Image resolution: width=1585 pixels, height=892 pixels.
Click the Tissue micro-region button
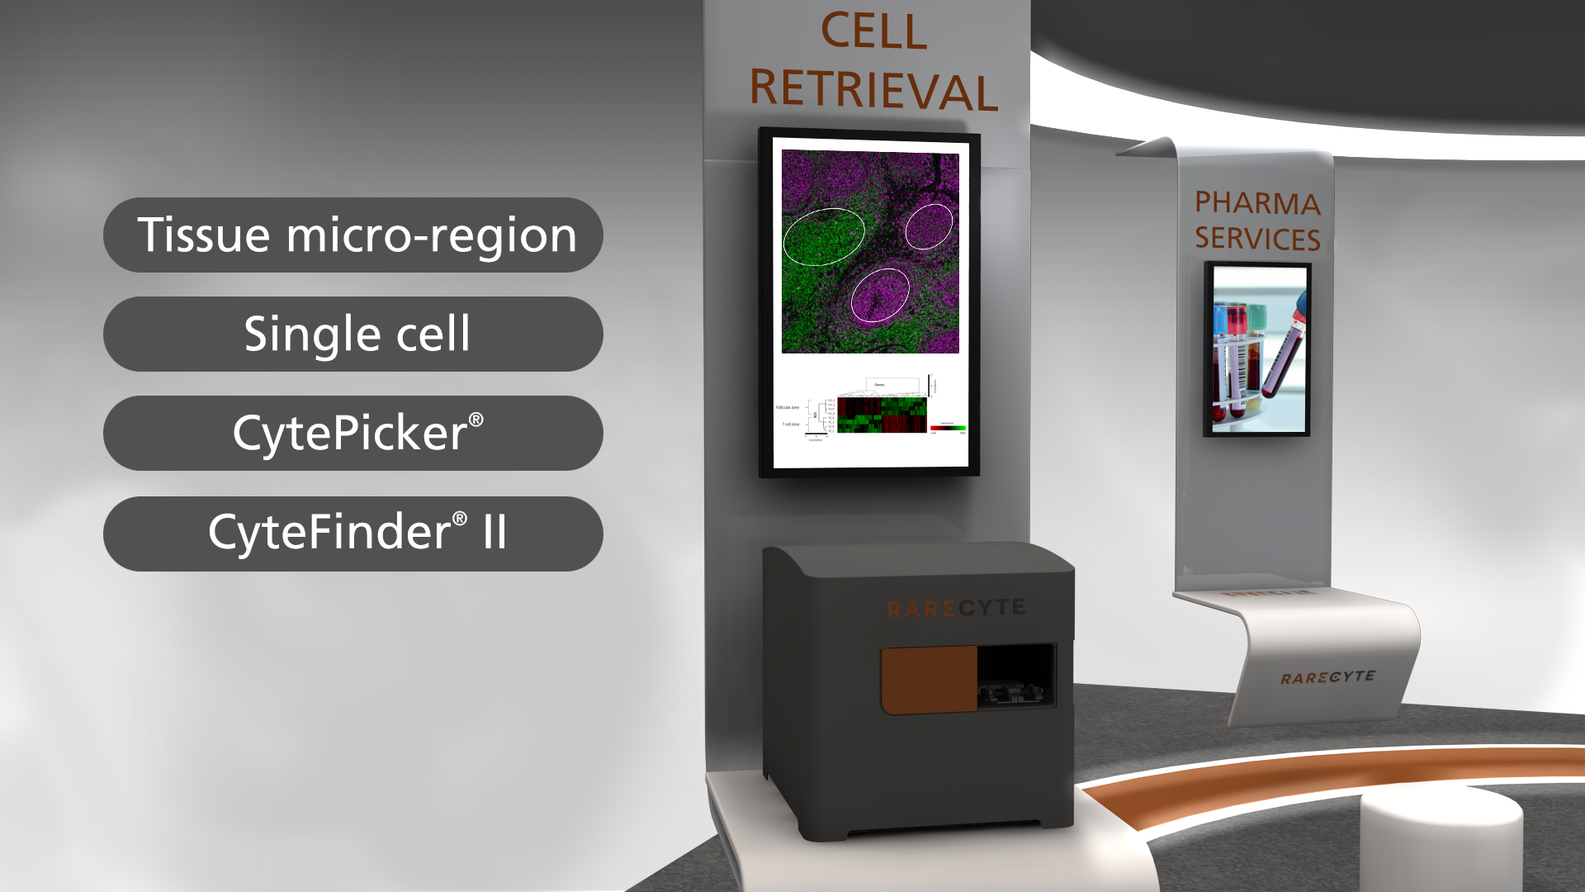[353, 235]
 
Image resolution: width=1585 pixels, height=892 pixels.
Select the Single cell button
[353, 334]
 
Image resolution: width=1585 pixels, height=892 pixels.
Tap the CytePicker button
[353, 434]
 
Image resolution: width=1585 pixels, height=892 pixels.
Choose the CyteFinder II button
[353, 534]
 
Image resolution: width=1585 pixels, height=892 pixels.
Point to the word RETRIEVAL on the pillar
[873, 89]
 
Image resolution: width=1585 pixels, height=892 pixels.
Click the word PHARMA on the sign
[1256, 203]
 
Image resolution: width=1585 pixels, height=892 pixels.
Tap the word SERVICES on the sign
[1256, 239]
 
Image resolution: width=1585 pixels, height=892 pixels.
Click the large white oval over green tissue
[823, 236]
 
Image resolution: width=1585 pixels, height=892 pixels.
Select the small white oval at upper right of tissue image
[929, 226]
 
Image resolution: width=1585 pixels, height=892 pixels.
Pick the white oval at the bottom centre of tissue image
[880, 295]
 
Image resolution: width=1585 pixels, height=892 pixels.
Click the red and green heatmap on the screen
[882, 415]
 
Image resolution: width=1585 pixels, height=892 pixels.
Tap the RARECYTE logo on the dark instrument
[956, 609]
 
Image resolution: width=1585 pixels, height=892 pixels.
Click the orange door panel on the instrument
[929, 679]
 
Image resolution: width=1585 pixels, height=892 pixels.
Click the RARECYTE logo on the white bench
[1327, 677]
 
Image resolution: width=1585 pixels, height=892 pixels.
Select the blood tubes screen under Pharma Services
[1257, 349]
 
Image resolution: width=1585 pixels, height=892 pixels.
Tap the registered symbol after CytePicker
[476, 420]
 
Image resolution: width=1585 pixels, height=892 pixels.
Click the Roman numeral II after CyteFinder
[494, 532]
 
